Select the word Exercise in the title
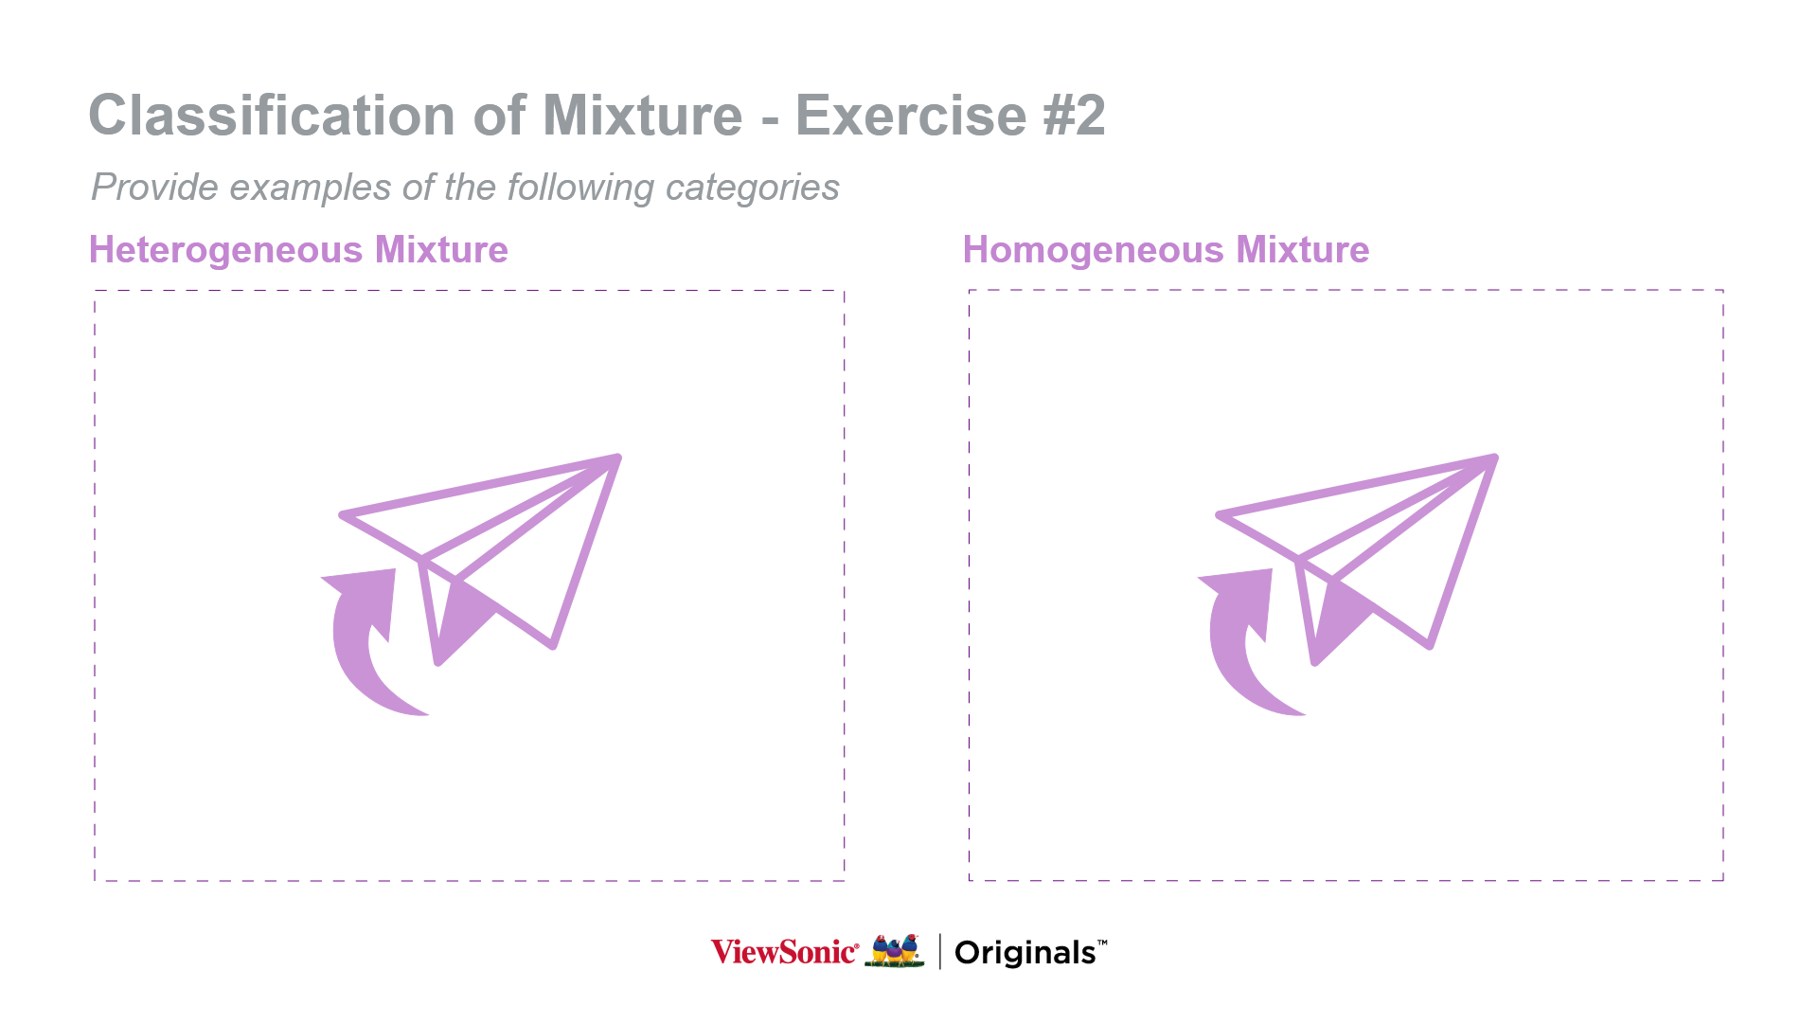point(911,116)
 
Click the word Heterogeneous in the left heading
point(225,250)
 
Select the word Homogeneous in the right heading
point(1094,250)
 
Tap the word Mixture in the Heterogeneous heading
point(441,250)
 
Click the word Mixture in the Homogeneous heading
point(1303,250)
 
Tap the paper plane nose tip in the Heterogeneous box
point(618,458)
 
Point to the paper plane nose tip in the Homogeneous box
point(1495,458)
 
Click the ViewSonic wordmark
point(785,952)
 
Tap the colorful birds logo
point(895,951)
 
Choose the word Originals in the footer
point(1026,953)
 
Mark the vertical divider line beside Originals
point(939,951)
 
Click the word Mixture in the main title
point(643,116)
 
